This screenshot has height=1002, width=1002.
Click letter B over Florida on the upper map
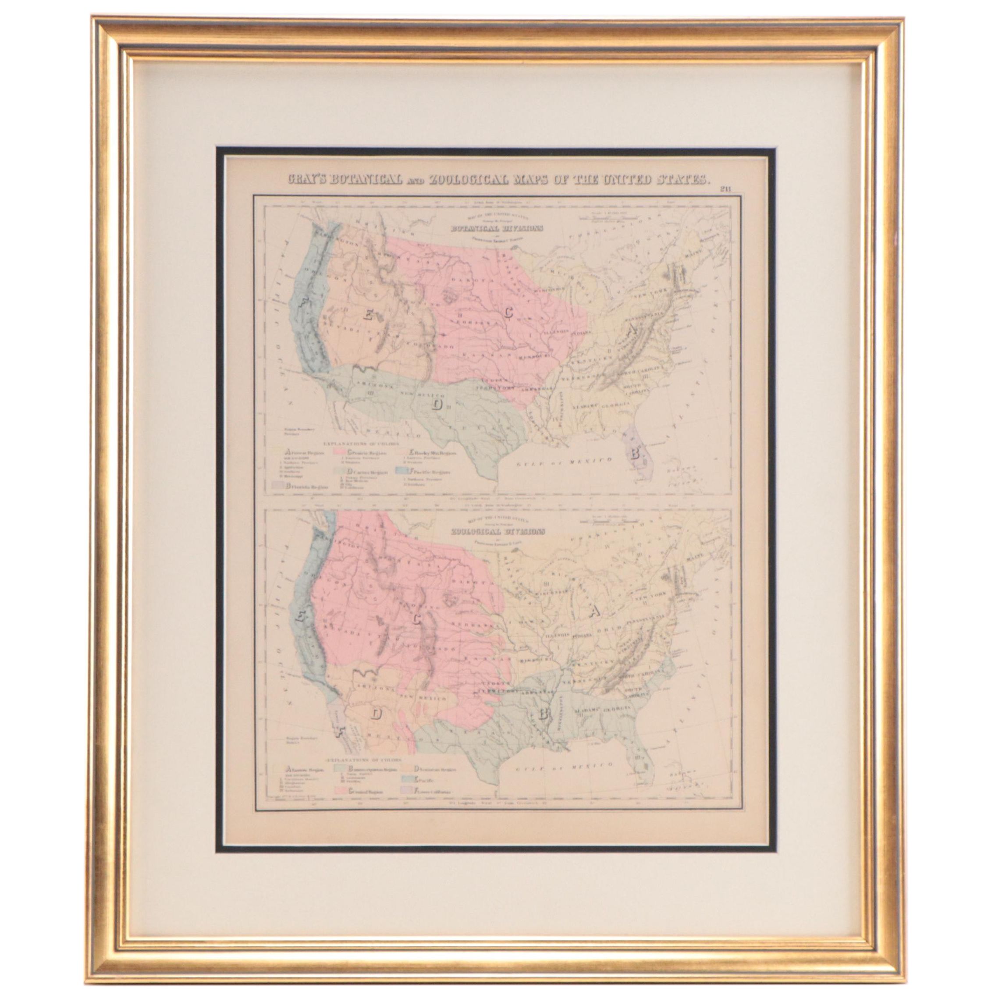pos(634,456)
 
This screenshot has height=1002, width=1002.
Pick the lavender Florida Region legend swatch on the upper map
pos(280,487)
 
